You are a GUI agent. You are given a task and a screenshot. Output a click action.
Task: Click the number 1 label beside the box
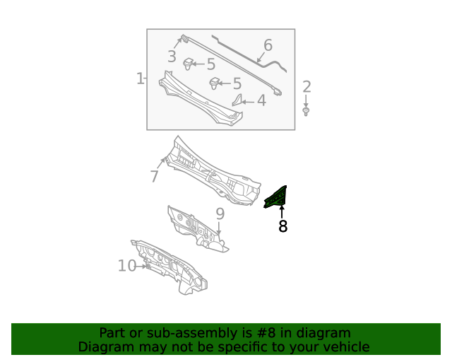point(140,78)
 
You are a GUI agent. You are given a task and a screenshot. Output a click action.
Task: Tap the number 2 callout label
point(307,87)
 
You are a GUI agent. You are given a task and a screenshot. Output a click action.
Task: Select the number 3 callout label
point(172,57)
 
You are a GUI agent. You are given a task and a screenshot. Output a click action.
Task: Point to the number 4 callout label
point(261,101)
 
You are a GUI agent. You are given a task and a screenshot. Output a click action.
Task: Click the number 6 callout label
point(268,46)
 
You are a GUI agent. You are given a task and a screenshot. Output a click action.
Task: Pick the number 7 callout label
point(155,176)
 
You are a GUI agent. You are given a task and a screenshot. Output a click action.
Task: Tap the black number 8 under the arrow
point(282,226)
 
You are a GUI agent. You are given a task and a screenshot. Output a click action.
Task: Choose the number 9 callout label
point(220,214)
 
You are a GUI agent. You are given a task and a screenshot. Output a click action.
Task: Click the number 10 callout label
point(127,266)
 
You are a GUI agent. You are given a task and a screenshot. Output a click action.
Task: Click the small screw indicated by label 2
point(306,112)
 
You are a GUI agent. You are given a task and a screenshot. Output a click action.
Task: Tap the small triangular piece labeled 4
point(238,100)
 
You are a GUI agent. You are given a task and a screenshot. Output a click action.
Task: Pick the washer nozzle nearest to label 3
point(189,65)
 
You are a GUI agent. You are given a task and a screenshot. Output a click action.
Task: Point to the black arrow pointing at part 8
point(282,211)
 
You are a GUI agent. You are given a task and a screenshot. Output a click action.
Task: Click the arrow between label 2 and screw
point(306,101)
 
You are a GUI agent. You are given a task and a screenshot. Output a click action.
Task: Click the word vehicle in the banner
point(345,346)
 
